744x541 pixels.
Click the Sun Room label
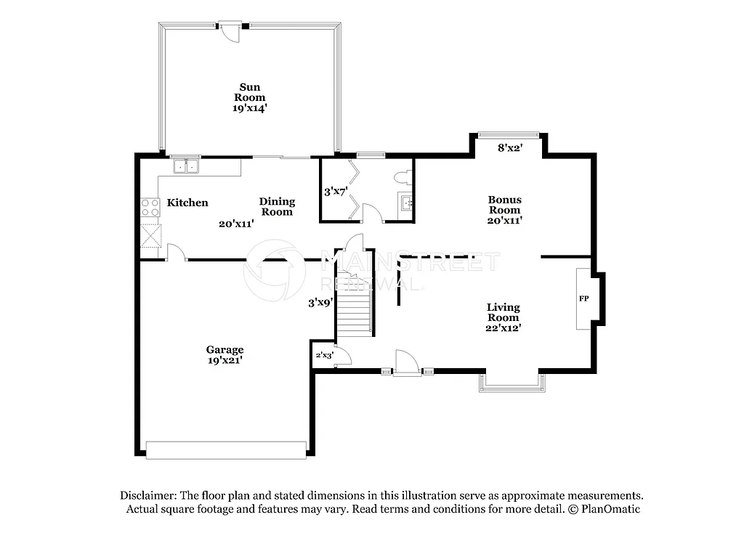[x=249, y=97]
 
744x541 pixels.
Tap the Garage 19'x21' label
[x=225, y=354]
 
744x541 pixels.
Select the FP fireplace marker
[x=583, y=298]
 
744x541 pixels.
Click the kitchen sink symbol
[x=186, y=167]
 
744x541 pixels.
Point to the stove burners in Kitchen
[x=150, y=207]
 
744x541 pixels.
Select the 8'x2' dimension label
[x=510, y=147]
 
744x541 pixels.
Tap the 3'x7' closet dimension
[x=336, y=192]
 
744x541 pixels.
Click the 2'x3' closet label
[x=323, y=356]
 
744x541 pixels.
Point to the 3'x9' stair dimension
[x=320, y=303]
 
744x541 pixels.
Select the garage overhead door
[x=226, y=450]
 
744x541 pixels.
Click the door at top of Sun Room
[x=231, y=31]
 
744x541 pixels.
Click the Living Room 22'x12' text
[x=504, y=317]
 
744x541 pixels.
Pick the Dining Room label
[x=277, y=206]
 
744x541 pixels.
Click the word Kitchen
[x=187, y=203]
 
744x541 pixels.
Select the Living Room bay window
[x=511, y=383]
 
